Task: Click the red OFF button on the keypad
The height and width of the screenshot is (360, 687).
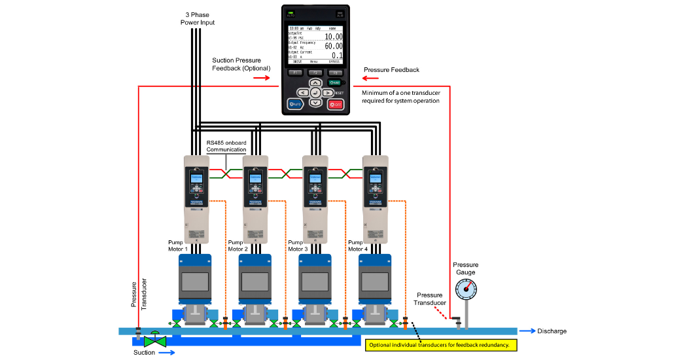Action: click(336, 104)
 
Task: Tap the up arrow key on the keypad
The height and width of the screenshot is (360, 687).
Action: click(315, 83)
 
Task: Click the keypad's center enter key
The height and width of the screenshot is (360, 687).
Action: click(315, 93)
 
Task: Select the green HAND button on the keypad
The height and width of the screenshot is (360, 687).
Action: click(335, 82)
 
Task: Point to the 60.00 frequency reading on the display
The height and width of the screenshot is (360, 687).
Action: click(334, 46)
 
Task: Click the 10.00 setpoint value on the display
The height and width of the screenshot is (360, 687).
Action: click(334, 37)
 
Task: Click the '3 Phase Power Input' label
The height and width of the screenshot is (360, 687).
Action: click(198, 18)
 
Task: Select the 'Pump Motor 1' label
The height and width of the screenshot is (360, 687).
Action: click(178, 245)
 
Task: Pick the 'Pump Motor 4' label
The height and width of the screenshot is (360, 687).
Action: click(358, 245)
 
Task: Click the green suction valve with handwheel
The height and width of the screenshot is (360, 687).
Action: click(155, 340)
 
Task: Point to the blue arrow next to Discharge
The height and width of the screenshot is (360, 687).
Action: click(525, 331)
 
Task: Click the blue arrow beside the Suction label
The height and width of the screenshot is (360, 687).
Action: click(168, 352)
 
